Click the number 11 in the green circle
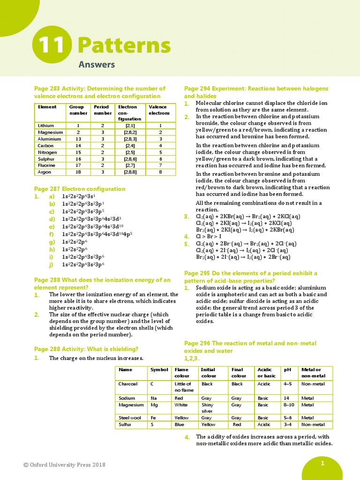point(52,46)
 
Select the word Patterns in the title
point(124,45)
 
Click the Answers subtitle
point(96,65)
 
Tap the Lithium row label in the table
point(46,126)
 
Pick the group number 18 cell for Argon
point(78,172)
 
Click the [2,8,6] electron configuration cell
point(131,159)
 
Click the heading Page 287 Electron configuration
point(80,189)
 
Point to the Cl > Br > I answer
point(209,236)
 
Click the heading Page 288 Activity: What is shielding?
point(86,349)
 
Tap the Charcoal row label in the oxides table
point(128,384)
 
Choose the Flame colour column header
point(182,373)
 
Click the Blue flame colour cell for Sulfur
point(180,425)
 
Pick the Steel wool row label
point(130,418)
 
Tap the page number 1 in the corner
point(322,464)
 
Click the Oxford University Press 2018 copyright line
point(64,465)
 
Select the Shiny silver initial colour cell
point(207,408)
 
